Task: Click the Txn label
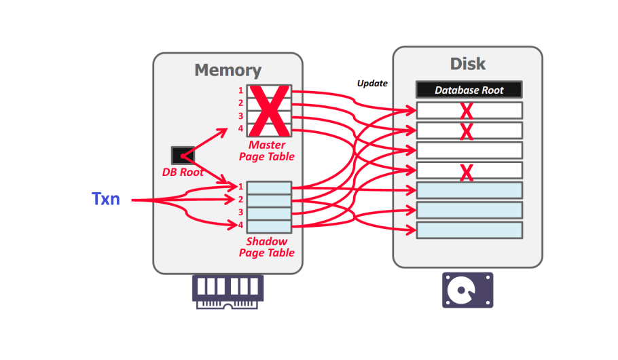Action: click(105, 199)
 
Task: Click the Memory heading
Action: click(228, 70)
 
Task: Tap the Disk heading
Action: click(468, 64)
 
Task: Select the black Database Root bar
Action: click(469, 90)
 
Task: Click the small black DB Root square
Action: click(183, 156)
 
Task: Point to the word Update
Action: click(372, 84)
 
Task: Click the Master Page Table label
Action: click(266, 151)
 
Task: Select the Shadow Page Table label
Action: click(266, 247)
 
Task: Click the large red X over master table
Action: click(270, 111)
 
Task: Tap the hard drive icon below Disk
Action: click(467, 290)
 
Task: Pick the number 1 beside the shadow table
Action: click(240, 186)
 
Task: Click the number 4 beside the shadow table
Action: click(240, 225)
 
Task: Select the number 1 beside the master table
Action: click(240, 90)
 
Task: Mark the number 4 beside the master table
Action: click(240, 128)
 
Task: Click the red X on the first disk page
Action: click(466, 111)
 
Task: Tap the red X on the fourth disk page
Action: click(467, 173)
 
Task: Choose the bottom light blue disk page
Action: click(469, 230)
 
